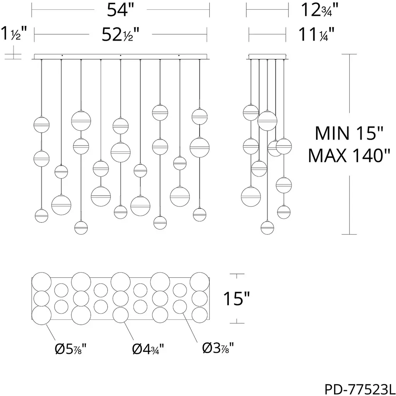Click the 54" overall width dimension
click(120, 10)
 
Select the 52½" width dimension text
click(121, 34)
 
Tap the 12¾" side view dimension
click(319, 10)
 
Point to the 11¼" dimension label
click(317, 34)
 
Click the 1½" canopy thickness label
click(14, 33)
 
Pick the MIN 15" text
click(349, 133)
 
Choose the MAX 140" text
click(349, 155)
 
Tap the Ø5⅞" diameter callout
click(70, 349)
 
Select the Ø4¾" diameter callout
click(148, 349)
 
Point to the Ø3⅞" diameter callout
click(218, 348)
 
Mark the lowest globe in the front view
click(81, 227)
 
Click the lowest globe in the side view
click(267, 227)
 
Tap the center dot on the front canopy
click(121, 55)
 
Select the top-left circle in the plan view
click(41, 282)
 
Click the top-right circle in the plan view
click(200, 282)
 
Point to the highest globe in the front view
click(160, 113)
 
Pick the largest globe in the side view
click(267, 121)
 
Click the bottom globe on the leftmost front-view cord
click(41, 216)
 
